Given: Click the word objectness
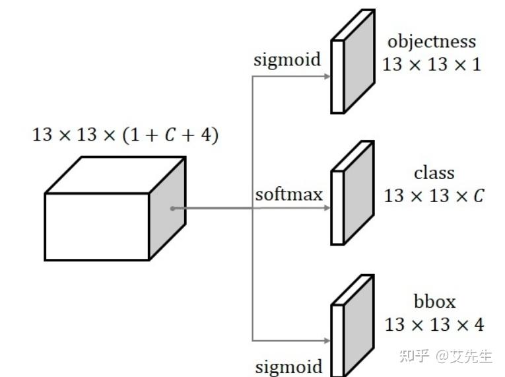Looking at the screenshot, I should (431, 42).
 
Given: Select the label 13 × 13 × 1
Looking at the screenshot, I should (432, 65).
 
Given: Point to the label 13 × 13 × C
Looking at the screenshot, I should (434, 196).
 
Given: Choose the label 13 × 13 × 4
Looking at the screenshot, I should (434, 325).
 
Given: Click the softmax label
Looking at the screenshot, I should (289, 195).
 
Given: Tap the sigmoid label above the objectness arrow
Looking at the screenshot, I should (287, 60).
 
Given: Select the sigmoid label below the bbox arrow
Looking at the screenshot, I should (289, 366).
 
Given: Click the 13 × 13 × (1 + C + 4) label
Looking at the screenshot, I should (126, 135).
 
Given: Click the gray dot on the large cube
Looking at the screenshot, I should (172, 209).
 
